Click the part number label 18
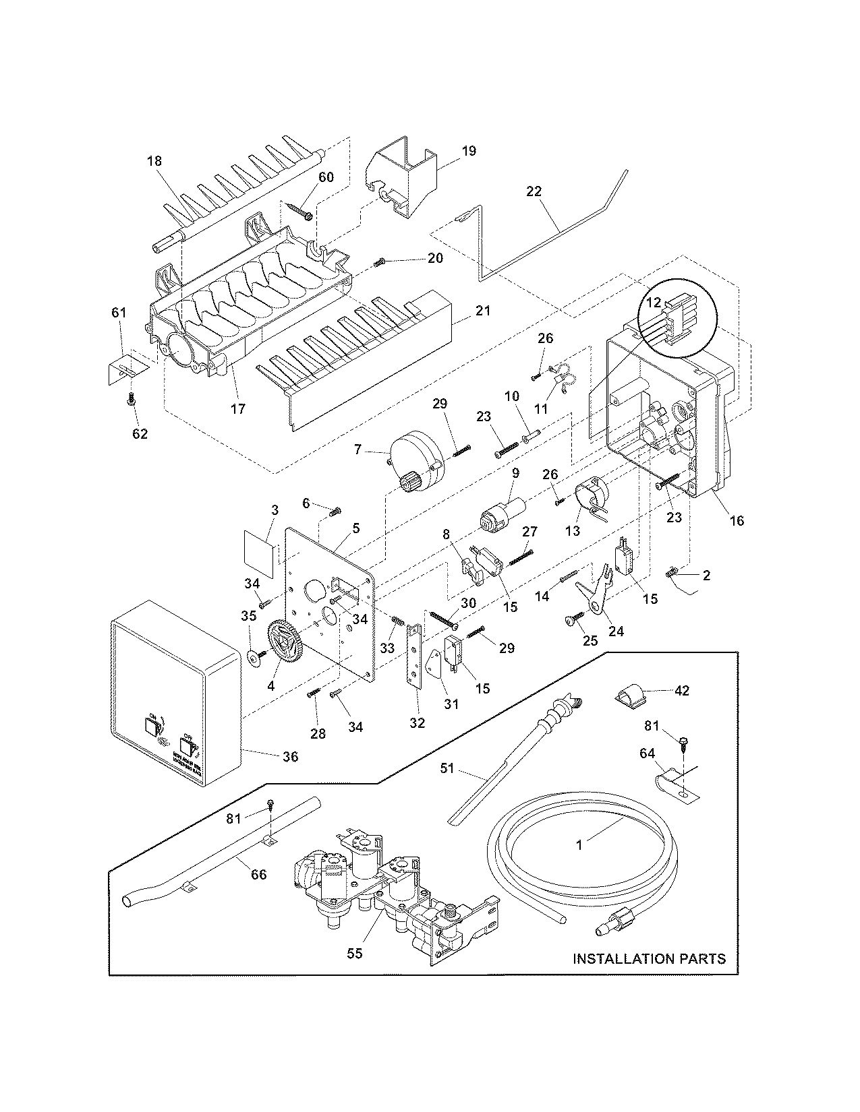point(154,161)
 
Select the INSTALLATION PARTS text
point(649,958)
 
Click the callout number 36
point(290,757)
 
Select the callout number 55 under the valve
point(355,953)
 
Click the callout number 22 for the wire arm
point(534,191)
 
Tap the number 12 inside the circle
point(653,303)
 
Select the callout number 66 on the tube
point(258,875)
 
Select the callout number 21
point(483,311)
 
